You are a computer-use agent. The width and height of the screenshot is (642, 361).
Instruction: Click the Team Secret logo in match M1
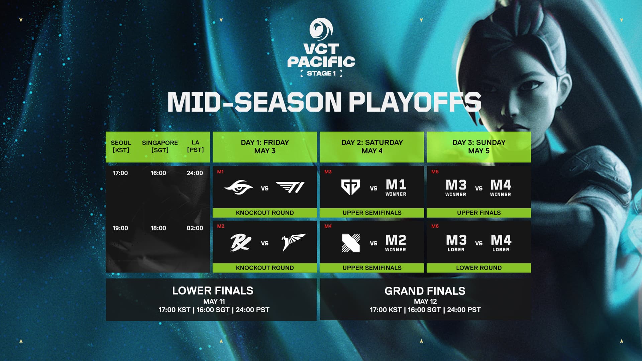(239, 188)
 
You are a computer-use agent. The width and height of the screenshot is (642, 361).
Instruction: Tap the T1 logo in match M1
(290, 188)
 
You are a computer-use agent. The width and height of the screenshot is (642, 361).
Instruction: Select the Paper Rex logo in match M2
(241, 243)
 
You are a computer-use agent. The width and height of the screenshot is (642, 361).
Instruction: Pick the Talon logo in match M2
(293, 242)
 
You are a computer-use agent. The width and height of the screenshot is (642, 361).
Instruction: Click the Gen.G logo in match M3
(350, 187)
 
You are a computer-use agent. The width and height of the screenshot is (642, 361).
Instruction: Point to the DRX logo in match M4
(351, 243)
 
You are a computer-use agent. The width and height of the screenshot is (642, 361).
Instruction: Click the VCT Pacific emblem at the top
(321, 29)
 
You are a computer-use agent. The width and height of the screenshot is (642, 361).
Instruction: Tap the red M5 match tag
(435, 172)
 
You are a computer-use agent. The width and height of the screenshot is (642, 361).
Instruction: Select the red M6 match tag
(435, 226)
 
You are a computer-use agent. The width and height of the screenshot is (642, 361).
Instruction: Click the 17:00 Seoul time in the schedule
(120, 173)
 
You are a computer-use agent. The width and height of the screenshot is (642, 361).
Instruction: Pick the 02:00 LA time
(195, 228)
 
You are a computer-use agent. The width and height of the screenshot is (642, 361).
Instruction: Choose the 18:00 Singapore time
(158, 228)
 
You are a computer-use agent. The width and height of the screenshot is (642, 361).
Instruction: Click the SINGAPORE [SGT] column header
(160, 146)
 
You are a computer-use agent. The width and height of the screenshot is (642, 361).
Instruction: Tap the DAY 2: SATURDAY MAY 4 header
(372, 147)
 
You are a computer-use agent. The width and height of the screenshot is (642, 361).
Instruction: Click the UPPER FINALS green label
(479, 213)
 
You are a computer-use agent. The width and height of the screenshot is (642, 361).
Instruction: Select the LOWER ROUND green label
(479, 268)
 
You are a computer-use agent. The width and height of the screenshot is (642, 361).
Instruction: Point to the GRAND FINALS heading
(425, 291)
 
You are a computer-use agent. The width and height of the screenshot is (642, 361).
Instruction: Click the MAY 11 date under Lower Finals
(214, 302)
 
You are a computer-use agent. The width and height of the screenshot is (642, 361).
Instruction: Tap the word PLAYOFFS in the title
(415, 102)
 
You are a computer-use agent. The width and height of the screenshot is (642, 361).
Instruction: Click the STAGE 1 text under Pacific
(321, 74)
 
